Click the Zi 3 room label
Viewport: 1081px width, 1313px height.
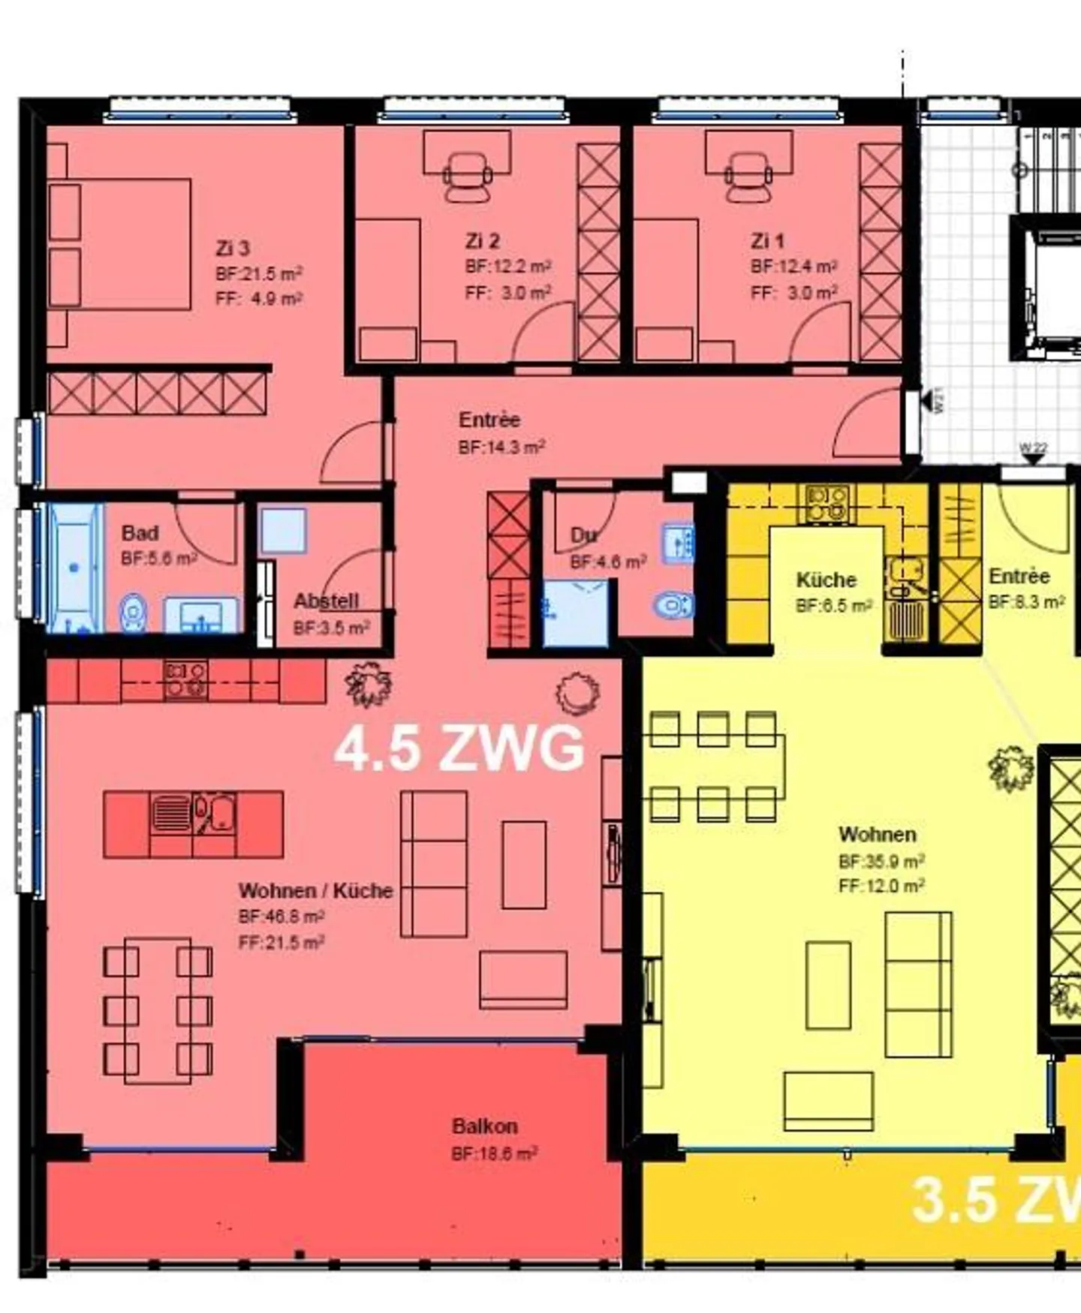point(232,248)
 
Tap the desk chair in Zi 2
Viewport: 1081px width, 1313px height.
point(467,177)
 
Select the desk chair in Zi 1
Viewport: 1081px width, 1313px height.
point(749,177)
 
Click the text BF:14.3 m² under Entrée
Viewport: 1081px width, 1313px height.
point(501,447)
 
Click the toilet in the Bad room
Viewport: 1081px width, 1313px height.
point(133,612)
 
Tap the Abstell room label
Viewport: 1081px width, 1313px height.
point(326,601)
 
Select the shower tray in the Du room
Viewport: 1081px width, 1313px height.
point(575,613)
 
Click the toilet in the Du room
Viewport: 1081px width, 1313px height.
point(673,604)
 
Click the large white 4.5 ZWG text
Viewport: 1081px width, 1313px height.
point(459,748)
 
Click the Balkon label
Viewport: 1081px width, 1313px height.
point(484,1126)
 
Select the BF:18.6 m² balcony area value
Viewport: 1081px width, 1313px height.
point(494,1154)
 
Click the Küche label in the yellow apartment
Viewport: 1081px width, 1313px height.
point(826,580)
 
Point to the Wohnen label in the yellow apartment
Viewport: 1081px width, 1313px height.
point(877,834)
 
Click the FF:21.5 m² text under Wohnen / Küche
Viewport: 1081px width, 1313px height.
point(281,942)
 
